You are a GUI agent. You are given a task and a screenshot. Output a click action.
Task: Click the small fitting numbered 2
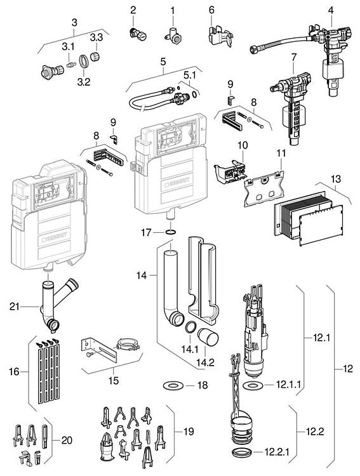coord(135,32)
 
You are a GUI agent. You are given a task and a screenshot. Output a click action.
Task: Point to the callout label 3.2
coord(84,81)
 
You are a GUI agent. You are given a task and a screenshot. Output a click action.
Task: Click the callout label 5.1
coord(189,76)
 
